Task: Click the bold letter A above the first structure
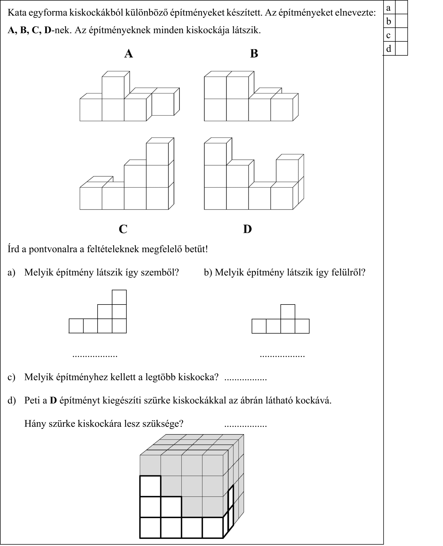point(129,54)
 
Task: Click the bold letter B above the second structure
point(254,53)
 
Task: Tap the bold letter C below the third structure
point(123,229)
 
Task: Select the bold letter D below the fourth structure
point(247,229)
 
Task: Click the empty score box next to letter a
point(401,8)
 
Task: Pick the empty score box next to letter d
point(401,49)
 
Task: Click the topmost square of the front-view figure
point(119,297)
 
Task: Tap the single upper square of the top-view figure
point(288,312)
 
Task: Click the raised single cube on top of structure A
point(113,87)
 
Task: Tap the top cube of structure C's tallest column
point(157,154)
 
